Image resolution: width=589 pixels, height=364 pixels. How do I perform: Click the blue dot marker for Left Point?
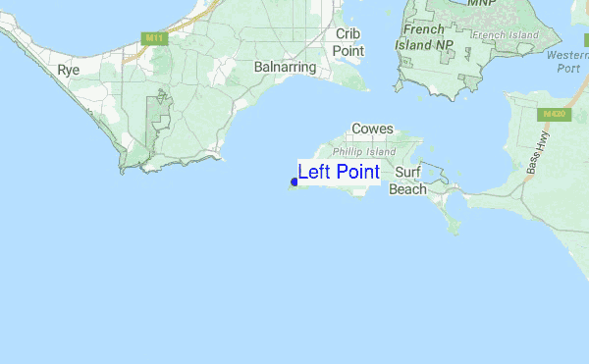pos(294,182)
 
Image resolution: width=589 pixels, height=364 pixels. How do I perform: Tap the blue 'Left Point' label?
pos(339,172)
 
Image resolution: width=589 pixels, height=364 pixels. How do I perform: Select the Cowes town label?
pos(372,129)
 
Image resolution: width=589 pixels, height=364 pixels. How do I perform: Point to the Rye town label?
pos(68,70)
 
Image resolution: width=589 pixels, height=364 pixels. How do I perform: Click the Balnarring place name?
pos(285,68)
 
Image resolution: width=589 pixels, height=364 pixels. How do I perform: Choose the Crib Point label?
pos(348,42)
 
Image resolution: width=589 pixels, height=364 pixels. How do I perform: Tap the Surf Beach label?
pos(408,181)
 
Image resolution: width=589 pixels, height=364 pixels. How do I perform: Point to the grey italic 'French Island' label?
pos(506,35)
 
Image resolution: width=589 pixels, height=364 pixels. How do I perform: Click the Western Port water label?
pos(568,62)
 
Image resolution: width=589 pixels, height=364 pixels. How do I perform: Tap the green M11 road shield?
pos(151,38)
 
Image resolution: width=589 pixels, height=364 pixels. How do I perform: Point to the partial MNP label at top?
pos(481,3)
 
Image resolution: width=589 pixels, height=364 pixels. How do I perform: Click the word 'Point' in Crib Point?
pos(348,50)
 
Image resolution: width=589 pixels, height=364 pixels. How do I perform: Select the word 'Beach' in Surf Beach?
pos(408,189)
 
